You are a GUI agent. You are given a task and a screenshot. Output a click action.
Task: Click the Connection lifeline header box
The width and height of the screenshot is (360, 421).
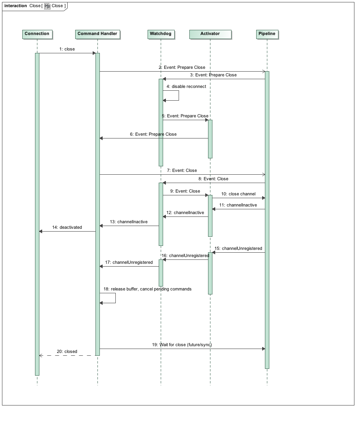[x=37, y=34]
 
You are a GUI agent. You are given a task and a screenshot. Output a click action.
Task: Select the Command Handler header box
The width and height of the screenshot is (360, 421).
[x=97, y=34]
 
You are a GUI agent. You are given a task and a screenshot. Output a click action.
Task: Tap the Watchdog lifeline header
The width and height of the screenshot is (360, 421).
[x=161, y=34]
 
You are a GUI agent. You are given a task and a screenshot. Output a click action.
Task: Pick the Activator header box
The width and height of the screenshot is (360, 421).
[x=210, y=34]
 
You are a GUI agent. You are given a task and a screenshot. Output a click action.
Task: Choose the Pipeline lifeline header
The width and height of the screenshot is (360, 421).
[x=267, y=34]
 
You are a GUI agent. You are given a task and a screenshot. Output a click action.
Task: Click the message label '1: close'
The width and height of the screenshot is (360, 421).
[x=67, y=49]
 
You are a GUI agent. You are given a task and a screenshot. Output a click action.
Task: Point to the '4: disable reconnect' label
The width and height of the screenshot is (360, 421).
[x=186, y=86]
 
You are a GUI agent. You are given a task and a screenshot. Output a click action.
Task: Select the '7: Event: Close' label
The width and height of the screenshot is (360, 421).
[x=182, y=170]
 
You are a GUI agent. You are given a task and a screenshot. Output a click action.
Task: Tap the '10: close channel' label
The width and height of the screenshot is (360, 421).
[x=238, y=194]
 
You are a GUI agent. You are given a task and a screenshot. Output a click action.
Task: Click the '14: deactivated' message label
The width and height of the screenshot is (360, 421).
[x=67, y=228]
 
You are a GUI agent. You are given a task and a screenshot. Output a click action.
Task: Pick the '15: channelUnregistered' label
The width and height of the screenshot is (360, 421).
[x=238, y=248]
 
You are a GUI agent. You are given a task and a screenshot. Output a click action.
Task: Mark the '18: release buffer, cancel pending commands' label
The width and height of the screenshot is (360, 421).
[x=148, y=289]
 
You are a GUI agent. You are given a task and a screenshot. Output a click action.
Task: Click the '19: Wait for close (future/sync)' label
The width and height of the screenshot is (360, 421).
[x=182, y=345]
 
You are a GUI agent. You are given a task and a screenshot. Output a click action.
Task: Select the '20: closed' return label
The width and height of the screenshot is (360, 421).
[x=67, y=351]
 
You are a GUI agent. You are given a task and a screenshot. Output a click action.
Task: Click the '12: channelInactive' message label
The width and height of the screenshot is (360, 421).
[x=185, y=212]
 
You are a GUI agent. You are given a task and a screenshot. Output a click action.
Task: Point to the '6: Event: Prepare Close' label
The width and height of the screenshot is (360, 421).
[x=153, y=134]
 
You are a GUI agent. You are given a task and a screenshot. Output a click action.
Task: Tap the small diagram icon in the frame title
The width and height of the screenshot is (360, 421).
[x=47, y=6]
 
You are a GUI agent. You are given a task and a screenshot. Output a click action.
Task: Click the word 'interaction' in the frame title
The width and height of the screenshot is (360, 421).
[x=16, y=6]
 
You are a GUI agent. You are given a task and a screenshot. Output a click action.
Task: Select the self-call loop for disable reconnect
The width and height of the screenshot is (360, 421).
[x=179, y=96]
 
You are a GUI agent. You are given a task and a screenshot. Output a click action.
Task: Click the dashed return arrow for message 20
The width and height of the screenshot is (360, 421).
[x=67, y=355]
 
